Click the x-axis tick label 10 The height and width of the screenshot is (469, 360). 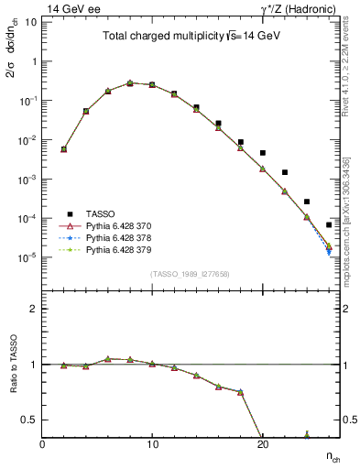point(152,445)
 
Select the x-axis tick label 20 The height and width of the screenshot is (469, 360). point(262,445)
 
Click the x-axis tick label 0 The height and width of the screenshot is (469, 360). point(42,445)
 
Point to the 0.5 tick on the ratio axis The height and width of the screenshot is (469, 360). point(30,420)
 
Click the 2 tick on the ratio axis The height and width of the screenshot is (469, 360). point(34,309)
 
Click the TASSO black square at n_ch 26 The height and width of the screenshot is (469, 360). point(329,224)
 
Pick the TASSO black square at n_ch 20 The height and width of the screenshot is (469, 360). point(263,153)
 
